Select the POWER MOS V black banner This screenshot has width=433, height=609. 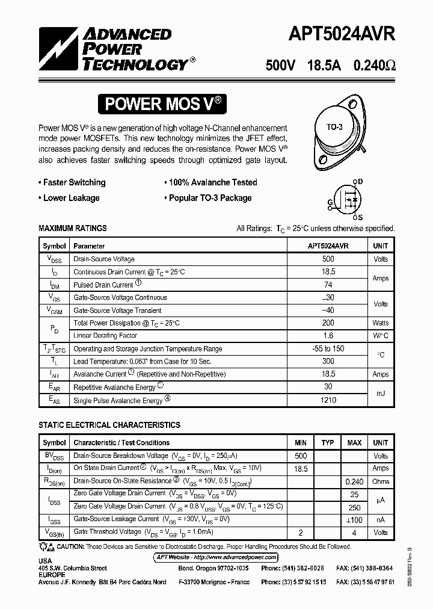164,104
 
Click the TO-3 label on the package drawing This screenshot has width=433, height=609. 334,127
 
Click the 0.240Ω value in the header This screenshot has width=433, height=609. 372,66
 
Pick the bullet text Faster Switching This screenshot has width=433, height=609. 74,182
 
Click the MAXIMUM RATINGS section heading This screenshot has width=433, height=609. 73,229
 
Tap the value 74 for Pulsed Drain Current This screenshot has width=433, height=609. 328,285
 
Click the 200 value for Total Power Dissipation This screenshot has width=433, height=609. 328,323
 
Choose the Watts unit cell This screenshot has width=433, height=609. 380,323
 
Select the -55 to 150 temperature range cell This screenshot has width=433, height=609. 328,349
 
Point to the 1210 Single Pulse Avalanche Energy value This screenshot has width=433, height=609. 328,400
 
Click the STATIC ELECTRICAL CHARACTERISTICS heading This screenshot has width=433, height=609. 109,425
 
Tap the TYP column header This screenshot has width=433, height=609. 327,443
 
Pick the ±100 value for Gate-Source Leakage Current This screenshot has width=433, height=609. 354,519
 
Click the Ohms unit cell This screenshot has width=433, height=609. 380,481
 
